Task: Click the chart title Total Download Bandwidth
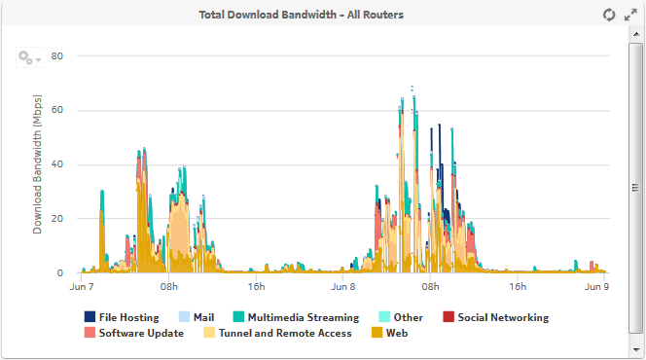click(301, 15)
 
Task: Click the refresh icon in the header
click(609, 15)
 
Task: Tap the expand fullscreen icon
click(629, 15)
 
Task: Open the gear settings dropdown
click(29, 58)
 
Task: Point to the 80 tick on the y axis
click(56, 55)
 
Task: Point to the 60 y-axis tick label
click(56, 110)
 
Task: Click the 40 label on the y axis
click(56, 164)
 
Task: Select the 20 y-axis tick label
click(56, 219)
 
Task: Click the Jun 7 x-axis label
click(82, 287)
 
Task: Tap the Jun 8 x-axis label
click(343, 287)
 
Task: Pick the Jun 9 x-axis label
click(595, 287)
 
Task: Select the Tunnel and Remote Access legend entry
click(276, 333)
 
